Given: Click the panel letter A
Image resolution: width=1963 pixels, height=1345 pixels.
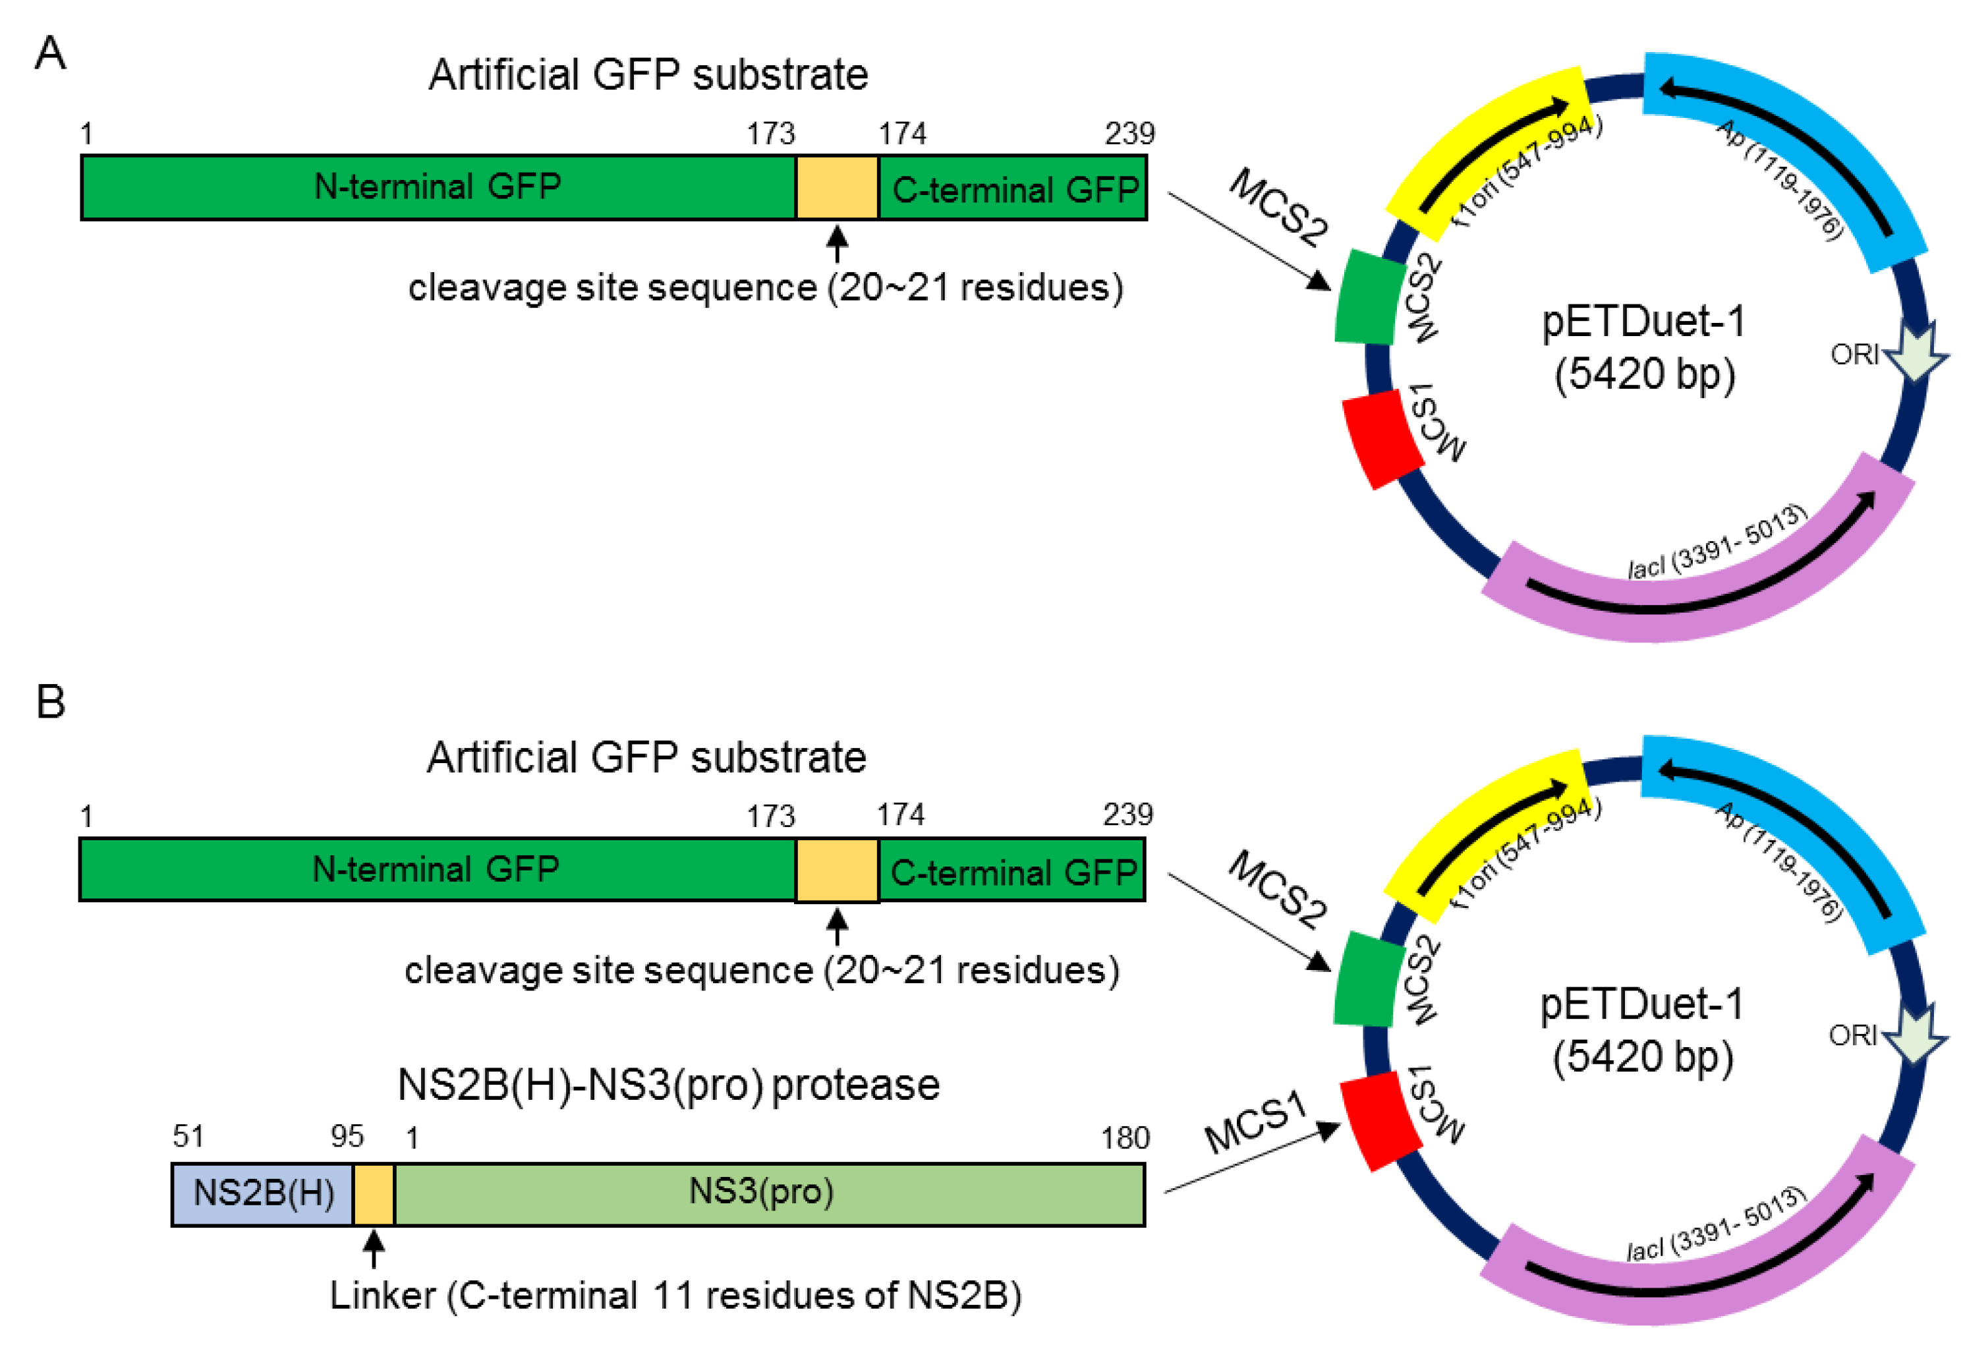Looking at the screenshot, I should click(x=50, y=53).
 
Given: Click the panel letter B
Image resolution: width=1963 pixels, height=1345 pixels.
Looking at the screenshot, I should click(x=51, y=702).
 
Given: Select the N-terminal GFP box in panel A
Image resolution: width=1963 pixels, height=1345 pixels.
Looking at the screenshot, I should click(x=438, y=186).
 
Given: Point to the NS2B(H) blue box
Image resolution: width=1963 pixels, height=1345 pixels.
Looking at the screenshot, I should click(x=263, y=1194).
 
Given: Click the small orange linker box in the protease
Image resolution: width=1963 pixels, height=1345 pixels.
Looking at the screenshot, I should click(x=374, y=1194).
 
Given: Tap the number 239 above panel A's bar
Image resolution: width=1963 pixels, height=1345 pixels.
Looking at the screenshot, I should click(x=1129, y=134).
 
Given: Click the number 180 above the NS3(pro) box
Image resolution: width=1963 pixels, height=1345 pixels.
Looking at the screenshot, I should click(x=1124, y=1138).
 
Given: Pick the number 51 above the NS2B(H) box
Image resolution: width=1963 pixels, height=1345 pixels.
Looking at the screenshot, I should click(x=188, y=1136).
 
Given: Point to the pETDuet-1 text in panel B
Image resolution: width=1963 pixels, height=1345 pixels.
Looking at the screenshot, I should click(x=1641, y=1004).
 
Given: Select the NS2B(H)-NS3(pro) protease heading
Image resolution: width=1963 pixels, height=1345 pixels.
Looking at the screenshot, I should click(x=668, y=1085).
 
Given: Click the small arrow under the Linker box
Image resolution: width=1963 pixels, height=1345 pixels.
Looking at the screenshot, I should click(x=374, y=1249).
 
